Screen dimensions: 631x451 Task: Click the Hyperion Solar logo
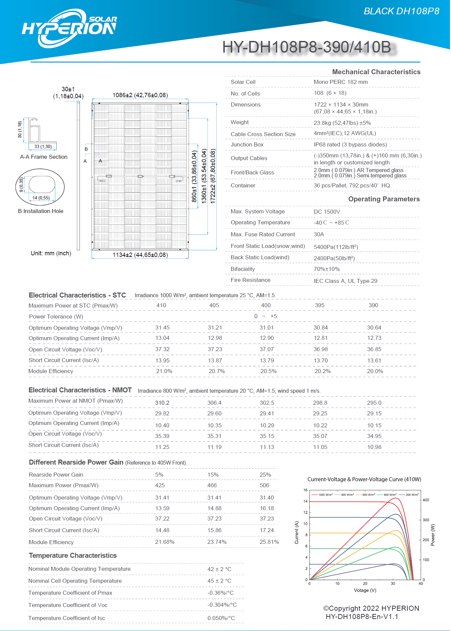pos(69,28)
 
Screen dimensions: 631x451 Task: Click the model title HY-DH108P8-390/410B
pos(307,47)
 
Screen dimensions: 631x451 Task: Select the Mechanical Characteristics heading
pos(376,72)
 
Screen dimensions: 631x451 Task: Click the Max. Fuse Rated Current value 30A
pos(319,234)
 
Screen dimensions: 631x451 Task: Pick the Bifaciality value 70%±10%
pos(327,269)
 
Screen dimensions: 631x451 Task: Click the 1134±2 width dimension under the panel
pos(140,255)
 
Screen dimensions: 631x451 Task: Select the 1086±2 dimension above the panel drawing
pos(140,95)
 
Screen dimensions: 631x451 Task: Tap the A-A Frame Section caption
pos(44,157)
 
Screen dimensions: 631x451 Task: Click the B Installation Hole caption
pos(41,211)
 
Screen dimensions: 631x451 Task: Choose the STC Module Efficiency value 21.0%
pos(164,371)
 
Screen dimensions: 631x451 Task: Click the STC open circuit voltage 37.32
pos(162,349)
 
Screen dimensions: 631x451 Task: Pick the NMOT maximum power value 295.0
pos(374,403)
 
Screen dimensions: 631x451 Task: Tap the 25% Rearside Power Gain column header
pos(265,475)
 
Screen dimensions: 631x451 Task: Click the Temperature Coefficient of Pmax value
pos(220,593)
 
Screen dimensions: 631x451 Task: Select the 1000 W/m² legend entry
pos(325,495)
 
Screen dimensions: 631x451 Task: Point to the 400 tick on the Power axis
pos(426,500)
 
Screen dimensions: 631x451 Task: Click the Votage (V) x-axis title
pos(365,590)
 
